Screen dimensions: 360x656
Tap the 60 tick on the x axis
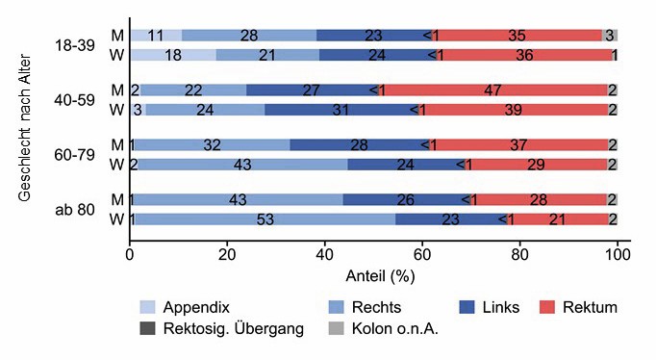click(x=422, y=256)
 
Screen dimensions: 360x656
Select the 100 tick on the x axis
click(x=618, y=256)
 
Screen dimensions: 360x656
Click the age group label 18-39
click(x=75, y=45)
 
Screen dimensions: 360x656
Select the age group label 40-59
click(x=75, y=100)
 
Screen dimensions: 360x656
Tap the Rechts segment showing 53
click(x=265, y=219)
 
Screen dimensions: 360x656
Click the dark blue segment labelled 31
click(x=341, y=110)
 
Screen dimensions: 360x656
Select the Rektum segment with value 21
click(x=556, y=219)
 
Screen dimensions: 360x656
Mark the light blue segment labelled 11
click(x=156, y=36)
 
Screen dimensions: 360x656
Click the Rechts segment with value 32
click(x=213, y=144)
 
